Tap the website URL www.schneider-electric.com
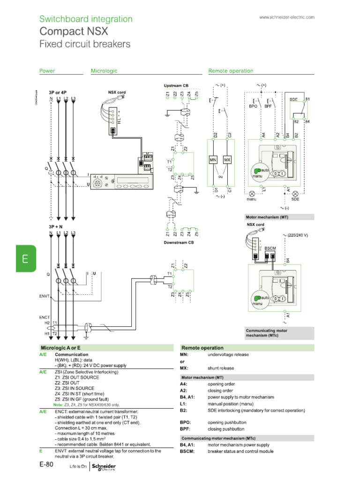[286, 17]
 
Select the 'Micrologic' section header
[104, 71]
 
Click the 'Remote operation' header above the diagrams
[231, 71]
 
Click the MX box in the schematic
[227, 160]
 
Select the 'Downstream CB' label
[179, 242]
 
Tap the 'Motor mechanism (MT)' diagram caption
[267, 217]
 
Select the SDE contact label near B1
[293, 100]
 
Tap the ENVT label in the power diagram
[45, 296]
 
